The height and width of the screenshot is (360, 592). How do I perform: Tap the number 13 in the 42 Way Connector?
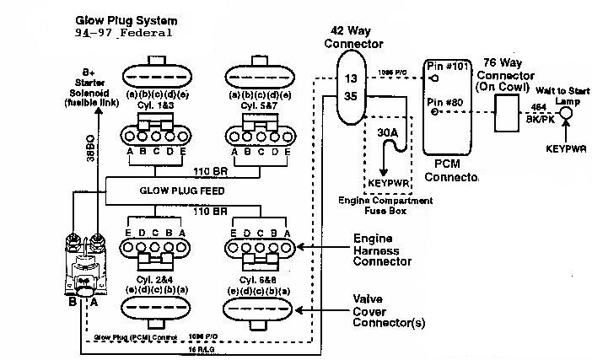pos(352,79)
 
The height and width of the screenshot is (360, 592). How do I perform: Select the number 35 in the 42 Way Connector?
pos(352,97)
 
